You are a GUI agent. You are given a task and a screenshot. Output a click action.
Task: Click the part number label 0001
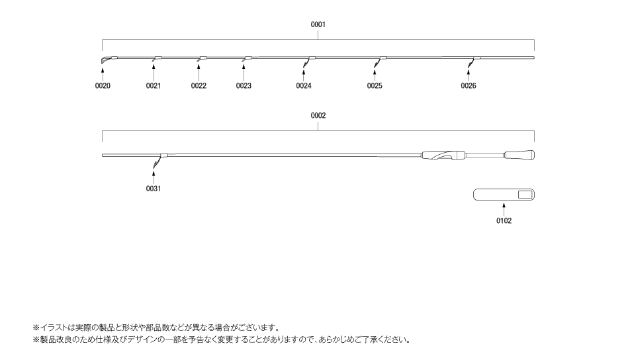tap(318, 24)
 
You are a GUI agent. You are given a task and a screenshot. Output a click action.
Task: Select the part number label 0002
tap(318, 116)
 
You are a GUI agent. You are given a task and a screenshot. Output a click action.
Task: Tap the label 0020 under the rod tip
tap(103, 85)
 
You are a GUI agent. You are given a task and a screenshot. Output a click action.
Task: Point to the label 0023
tap(244, 85)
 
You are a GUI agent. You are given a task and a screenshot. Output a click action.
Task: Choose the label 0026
tap(469, 85)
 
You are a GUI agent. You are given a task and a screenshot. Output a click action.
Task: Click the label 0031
tap(153, 189)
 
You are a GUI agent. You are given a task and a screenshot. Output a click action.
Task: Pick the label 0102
tap(504, 221)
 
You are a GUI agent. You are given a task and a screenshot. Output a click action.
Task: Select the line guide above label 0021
tap(156, 59)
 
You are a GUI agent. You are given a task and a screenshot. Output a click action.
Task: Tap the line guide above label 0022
tap(202, 59)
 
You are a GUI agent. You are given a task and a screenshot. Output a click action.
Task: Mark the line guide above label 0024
tap(308, 60)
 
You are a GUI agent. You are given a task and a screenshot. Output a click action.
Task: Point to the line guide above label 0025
tap(380, 60)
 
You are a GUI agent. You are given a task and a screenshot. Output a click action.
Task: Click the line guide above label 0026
tap(474, 60)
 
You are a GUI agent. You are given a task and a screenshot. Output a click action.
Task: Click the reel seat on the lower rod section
tap(443, 156)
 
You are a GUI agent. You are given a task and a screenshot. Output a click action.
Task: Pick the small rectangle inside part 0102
tap(525, 195)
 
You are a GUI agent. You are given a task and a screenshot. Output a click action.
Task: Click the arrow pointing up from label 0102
tap(504, 210)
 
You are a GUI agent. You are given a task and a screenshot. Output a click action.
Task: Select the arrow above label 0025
tap(375, 75)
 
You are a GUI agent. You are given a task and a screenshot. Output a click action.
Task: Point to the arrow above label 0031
tap(153, 178)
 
